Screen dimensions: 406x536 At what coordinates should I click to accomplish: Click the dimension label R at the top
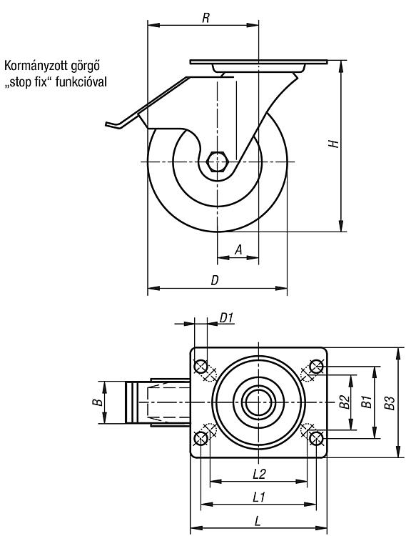coord(205,18)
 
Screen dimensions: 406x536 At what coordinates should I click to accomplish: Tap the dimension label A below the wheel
coord(238,249)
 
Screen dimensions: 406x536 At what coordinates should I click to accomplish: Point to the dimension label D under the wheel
coord(215,280)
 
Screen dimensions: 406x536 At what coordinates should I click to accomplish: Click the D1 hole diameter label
coord(226,318)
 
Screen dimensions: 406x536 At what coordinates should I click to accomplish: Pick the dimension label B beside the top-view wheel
coord(98,402)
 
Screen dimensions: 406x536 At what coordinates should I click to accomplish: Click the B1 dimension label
coord(366,402)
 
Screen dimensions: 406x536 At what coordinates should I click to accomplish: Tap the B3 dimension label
coord(390,402)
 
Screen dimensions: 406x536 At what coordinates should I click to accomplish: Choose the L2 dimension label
coord(259,474)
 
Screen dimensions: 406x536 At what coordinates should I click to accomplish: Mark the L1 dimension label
coord(259,497)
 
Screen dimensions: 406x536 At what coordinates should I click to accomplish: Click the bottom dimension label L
coord(258,521)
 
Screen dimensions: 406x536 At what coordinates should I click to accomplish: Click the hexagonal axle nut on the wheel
coord(218,162)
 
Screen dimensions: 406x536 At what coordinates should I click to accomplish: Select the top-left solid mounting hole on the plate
coord(201,367)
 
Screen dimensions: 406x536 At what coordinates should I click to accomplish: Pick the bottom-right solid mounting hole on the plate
coord(316,438)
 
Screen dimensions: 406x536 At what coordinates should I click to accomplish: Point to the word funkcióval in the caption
coord(81,82)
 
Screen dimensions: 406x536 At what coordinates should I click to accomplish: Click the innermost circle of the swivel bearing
coord(258,402)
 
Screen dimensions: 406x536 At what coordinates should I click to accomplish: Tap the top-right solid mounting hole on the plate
coord(316,367)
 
